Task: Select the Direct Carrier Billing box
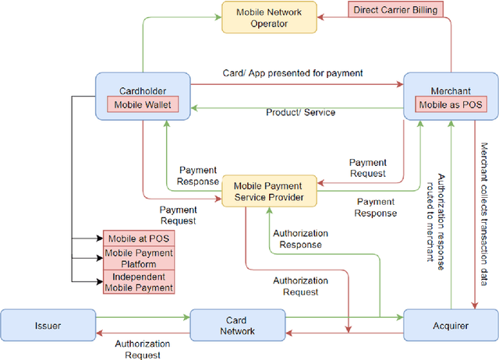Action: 395,10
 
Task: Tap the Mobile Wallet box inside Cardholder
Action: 142,104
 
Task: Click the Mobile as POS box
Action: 449,104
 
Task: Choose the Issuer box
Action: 48,325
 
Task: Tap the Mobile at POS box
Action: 138,238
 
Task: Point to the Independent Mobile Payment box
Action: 138,282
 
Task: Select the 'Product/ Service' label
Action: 300,113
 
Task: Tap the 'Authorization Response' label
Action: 300,238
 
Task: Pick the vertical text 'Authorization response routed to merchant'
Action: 434,218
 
